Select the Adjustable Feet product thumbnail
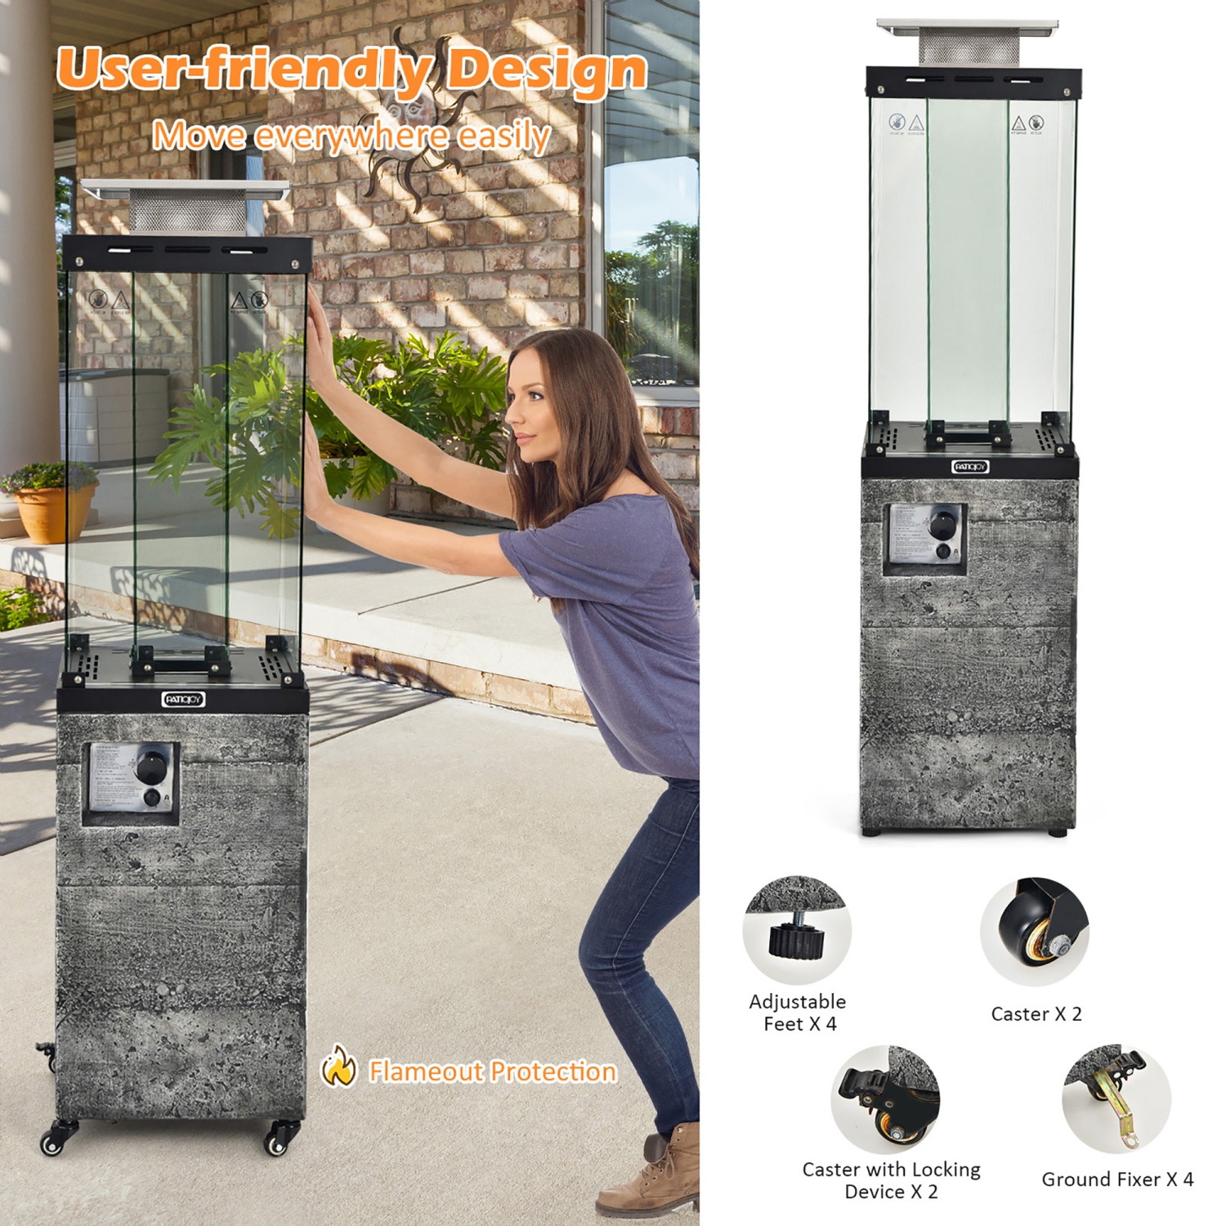click(797, 930)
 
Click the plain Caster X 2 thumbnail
click(1035, 932)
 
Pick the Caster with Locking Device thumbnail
click(885, 1099)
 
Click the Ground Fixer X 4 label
click(1117, 1179)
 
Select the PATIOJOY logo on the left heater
click(183, 699)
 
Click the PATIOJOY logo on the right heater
click(970, 467)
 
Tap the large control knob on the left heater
click(150, 766)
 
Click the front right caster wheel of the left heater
click(280, 1139)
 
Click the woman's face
click(529, 409)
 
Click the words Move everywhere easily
click(351, 136)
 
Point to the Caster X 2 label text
click(1036, 1014)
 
